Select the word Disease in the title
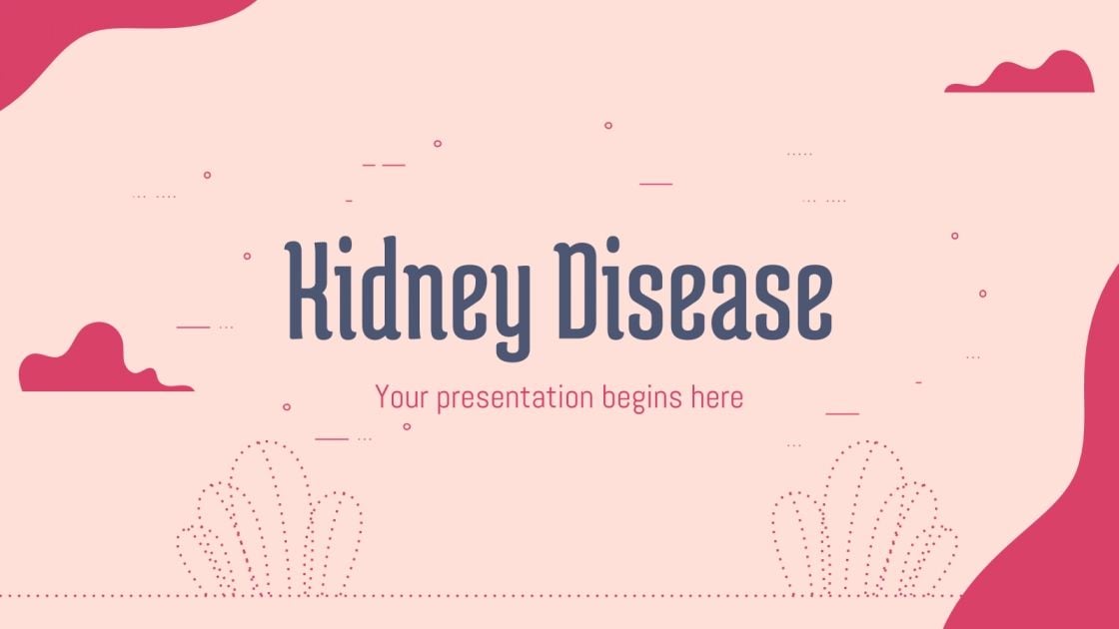pyautogui.click(x=693, y=290)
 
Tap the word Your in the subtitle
pyautogui.click(x=401, y=397)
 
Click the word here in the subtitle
pyautogui.click(x=716, y=397)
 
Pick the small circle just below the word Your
pyautogui.click(x=407, y=426)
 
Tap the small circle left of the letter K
pyautogui.click(x=247, y=256)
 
